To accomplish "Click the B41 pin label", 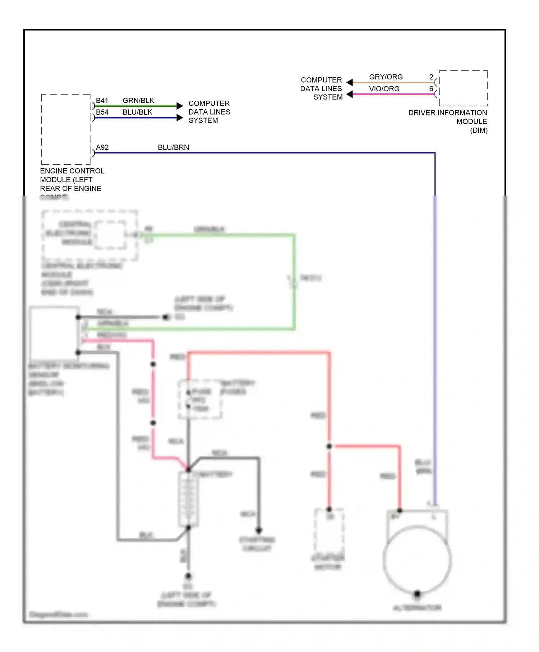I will (102, 101).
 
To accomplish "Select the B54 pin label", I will (102, 112).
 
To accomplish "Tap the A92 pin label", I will (102, 147).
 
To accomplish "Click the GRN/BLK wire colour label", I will (138, 101).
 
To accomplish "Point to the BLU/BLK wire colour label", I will (137, 112).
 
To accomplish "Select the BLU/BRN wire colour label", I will (173, 147).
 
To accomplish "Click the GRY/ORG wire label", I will (386, 77).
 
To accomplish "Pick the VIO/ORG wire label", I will (384, 89).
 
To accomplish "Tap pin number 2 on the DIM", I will (431, 77).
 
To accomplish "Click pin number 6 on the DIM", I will (431, 89).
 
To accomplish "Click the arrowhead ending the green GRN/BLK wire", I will (180, 106).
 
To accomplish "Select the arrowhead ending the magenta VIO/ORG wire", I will (350, 95).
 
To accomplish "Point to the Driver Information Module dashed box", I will (463, 88).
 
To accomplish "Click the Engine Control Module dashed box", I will (66, 129).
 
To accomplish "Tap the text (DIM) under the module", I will (479, 130).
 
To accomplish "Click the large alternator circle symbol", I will (417, 559).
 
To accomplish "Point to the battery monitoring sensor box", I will (54, 332).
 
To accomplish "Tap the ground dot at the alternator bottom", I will (417, 594).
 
